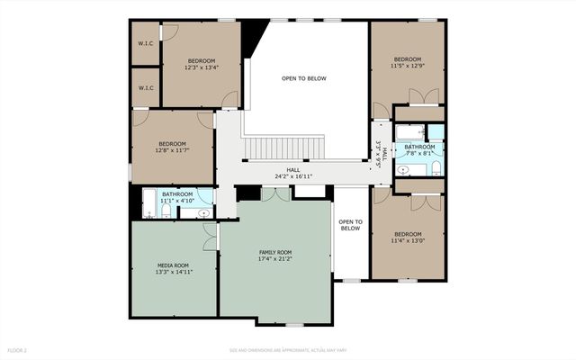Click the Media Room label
tap(174, 265)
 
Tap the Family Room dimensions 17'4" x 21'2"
tap(275, 259)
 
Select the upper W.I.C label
tap(144, 43)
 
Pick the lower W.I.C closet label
tap(144, 88)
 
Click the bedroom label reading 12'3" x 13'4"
tap(201, 67)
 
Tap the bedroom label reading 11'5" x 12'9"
tap(407, 65)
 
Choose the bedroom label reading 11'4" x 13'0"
tap(407, 240)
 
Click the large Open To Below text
tap(303, 79)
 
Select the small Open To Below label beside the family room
tap(350, 225)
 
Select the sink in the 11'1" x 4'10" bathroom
tap(203, 213)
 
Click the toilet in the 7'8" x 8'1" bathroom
tap(435, 169)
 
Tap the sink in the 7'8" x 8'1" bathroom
tap(404, 168)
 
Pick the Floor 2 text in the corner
tap(18, 349)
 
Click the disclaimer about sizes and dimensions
tap(287, 349)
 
